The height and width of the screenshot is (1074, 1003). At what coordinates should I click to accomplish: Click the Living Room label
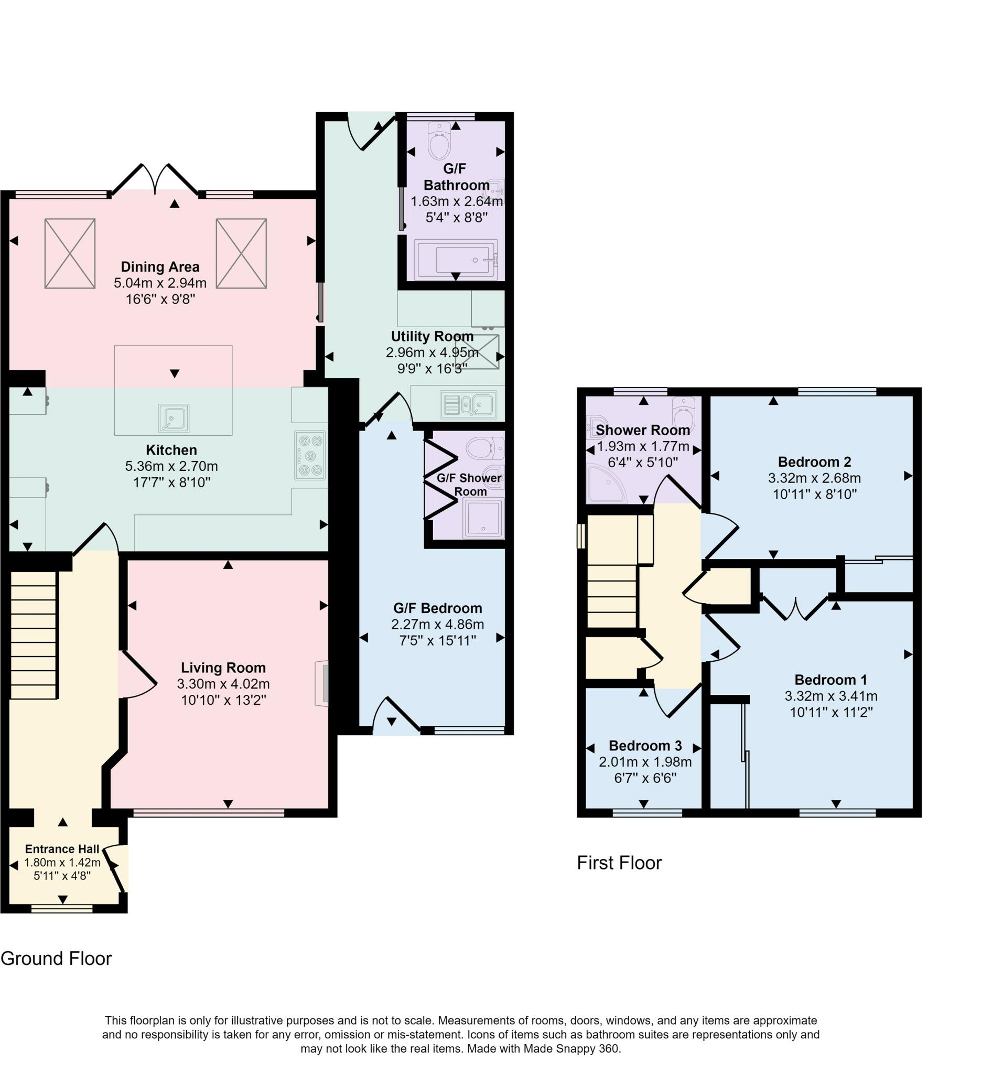pos(223,668)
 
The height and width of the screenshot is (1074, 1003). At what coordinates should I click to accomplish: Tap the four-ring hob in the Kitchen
pos(310,455)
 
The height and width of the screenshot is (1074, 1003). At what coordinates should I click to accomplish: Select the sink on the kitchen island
pos(174,418)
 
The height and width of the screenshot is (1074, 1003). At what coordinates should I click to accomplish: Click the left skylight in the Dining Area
pos(70,253)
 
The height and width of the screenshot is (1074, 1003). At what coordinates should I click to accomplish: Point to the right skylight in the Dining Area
pos(241,253)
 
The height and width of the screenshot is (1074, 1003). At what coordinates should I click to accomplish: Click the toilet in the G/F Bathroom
pos(439,140)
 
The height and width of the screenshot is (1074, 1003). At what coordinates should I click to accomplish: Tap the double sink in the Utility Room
pos(468,405)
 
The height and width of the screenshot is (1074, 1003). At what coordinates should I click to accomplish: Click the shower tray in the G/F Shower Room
pos(483,518)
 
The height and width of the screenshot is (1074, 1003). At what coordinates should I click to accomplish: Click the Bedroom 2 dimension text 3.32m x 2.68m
pos(814,478)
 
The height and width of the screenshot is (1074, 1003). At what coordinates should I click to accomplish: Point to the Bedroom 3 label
pos(645,746)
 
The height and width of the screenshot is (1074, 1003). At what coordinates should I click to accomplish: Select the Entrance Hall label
pos(62,849)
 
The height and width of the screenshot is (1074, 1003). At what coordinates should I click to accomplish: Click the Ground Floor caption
pos(56,959)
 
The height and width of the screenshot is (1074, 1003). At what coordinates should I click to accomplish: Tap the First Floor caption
pos(620,863)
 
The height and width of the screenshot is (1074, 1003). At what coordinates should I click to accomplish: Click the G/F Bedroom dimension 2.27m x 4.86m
pos(437,625)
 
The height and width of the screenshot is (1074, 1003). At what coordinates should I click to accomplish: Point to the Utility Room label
pos(432,336)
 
